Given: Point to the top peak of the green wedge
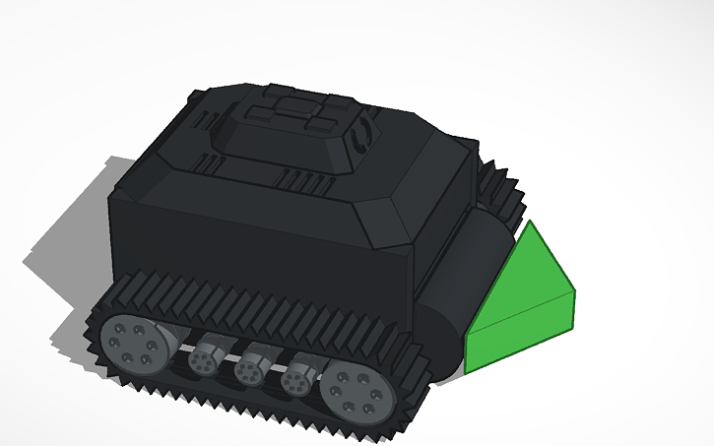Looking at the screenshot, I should [x=533, y=223].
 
